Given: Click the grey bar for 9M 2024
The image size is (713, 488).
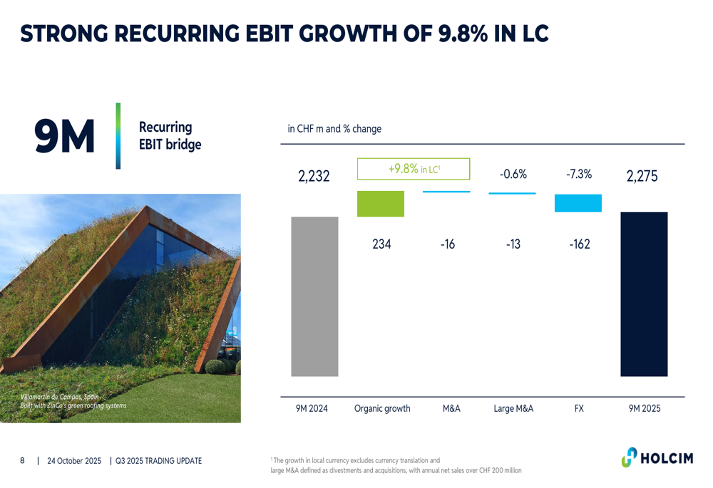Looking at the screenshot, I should (x=314, y=296).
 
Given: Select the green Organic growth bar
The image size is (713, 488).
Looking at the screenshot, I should (x=380, y=204).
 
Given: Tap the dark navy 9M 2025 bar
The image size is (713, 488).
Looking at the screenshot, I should (x=644, y=294).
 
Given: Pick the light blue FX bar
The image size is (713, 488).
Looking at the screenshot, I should (x=578, y=203).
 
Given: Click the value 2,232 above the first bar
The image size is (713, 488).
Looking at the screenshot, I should (x=314, y=176).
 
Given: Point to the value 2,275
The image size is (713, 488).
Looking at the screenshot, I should (x=642, y=176).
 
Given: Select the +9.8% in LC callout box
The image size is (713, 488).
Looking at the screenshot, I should (x=414, y=169).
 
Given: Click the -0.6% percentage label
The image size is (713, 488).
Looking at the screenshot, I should (x=513, y=174).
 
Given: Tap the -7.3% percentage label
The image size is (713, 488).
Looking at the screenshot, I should (x=579, y=174).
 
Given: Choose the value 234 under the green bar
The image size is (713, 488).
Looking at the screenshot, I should (x=381, y=244).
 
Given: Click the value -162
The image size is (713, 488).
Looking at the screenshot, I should (x=579, y=244).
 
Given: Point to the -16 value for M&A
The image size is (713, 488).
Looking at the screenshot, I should (x=447, y=244).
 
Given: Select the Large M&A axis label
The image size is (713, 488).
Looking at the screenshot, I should (x=513, y=409).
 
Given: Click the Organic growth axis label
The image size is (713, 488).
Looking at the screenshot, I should (x=382, y=409).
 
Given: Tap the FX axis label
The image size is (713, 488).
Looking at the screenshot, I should (x=579, y=409).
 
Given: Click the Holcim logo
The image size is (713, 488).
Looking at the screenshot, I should (x=657, y=457).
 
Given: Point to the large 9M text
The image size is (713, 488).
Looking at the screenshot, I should (x=64, y=136).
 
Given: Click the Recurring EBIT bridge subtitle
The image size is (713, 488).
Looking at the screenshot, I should (x=170, y=135).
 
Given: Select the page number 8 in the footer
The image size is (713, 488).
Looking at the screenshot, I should (x=22, y=461).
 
